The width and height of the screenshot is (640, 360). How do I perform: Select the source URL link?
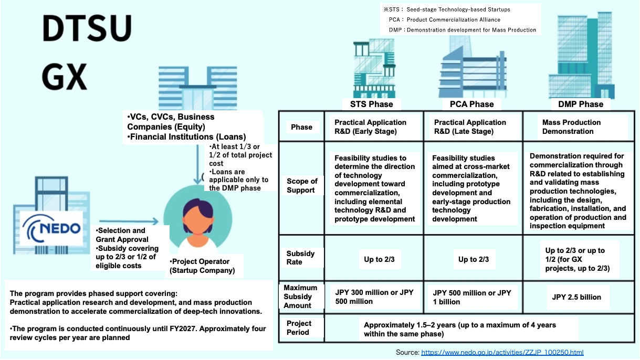click(502, 352)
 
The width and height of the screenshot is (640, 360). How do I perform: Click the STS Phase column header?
click(371, 104)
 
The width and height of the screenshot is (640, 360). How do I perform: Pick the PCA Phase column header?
click(471, 104)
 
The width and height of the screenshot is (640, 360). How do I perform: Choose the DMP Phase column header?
click(580, 104)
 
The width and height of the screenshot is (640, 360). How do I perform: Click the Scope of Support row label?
click(302, 186)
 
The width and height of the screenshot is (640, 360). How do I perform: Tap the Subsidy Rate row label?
click(301, 258)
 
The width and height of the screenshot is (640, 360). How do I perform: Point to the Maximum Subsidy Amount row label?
click(301, 297)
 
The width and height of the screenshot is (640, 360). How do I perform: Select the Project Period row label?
click(299, 328)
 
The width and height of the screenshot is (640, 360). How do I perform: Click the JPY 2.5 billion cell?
click(576, 297)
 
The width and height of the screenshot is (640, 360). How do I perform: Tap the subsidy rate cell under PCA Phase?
click(473, 259)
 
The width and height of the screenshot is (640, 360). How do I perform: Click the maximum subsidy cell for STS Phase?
click(374, 297)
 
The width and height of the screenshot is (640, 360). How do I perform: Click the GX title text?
click(64, 78)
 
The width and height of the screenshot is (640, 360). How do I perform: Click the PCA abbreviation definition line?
click(437, 19)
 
